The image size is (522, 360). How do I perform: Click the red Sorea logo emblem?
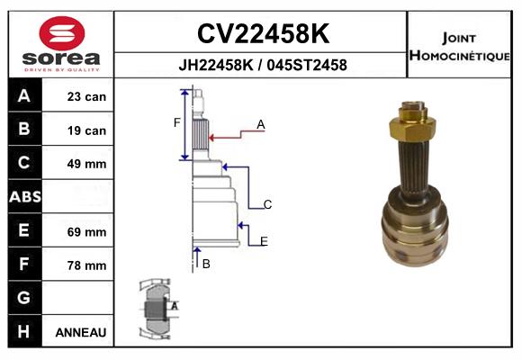pos(62,33)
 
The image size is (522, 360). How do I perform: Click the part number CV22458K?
pos(264,33)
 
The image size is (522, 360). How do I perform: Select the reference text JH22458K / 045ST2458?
pos(263,65)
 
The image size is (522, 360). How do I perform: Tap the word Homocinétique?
pos(459,56)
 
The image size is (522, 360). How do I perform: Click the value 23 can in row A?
pos(86,97)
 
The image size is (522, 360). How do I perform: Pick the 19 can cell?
pos(86,130)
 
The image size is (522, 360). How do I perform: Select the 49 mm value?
pos(86,164)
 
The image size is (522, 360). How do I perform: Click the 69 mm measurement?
pos(86,232)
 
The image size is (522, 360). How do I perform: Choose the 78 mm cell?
pos(86,265)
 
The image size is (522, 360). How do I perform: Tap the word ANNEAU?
pos(81,332)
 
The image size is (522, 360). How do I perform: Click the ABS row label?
pos(25,196)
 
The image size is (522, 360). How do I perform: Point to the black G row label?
pos(25,298)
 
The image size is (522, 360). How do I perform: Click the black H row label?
pos(25,331)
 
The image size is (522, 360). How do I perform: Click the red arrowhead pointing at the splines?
pos(211,138)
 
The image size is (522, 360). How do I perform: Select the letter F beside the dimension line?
pos(176,123)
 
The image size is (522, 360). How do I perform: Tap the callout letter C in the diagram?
pos(267,204)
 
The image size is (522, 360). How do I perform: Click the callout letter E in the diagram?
pos(264,241)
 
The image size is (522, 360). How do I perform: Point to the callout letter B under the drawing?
pos(206,264)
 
